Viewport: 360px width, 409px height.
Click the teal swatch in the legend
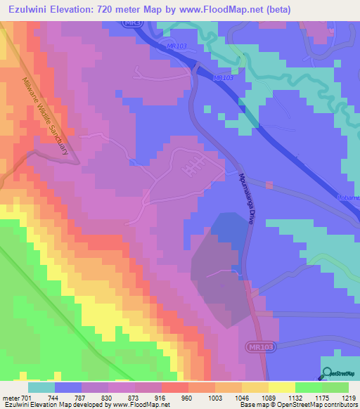click(41, 387)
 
